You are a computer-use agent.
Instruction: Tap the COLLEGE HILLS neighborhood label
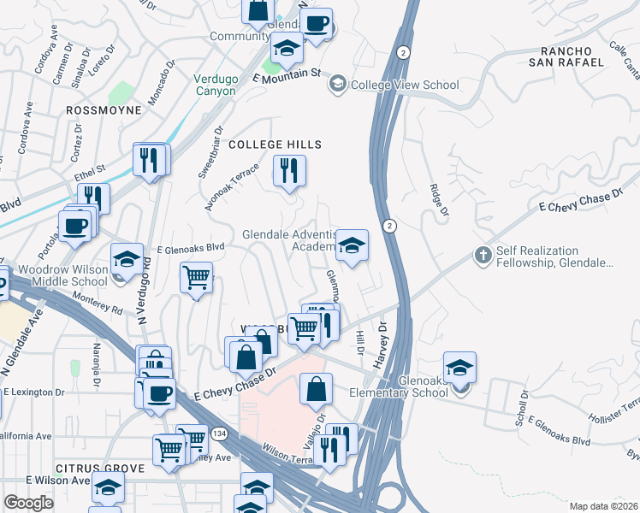[275, 144]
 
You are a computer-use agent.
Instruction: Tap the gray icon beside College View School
[337, 85]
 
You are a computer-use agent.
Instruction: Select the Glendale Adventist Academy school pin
[351, 246]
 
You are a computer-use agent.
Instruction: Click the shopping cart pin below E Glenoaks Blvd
[197, 279]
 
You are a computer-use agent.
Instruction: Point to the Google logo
[28, 503]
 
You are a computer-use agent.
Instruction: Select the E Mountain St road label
[286, 76]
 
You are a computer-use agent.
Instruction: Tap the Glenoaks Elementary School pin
[459, 368]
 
